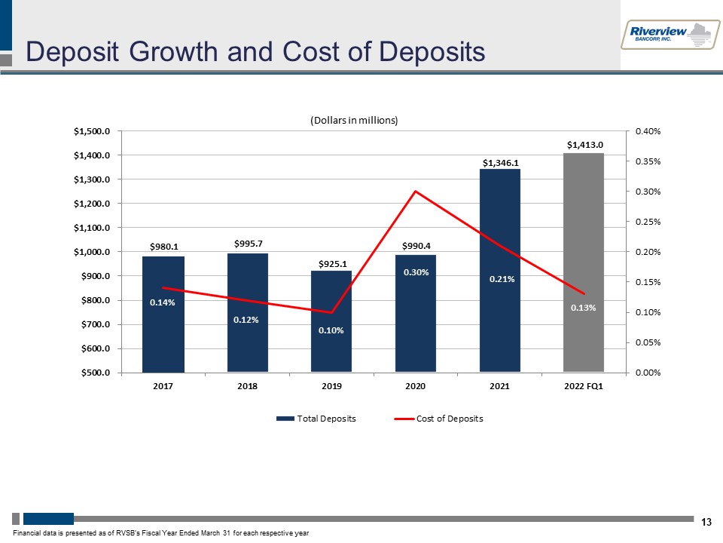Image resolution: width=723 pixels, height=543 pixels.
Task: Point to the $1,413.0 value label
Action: [x=584, y=144]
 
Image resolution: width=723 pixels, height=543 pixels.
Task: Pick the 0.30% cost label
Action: [x=415, y=272]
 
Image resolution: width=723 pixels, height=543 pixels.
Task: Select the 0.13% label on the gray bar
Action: [x=584, y=307]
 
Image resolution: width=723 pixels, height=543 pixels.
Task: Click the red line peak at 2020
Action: [x=415, y=192]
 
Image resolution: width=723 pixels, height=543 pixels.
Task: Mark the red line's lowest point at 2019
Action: [x=331, y=312]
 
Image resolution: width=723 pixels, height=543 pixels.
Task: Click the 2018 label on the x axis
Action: [x=247, y=387]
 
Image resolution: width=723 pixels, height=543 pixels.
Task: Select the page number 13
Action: [x=706, y=522]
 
